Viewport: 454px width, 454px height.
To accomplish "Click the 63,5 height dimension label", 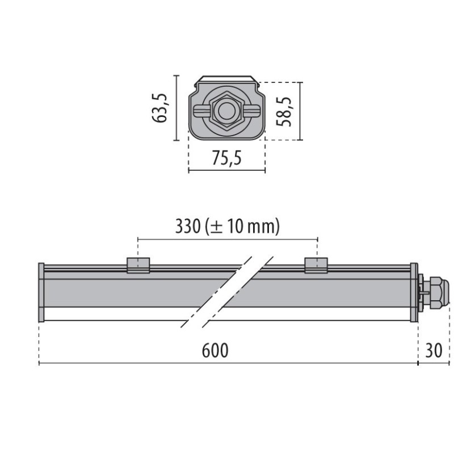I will click(161, 108).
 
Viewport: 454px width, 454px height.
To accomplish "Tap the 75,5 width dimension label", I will click(226, 158).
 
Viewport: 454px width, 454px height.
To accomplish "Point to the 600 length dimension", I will click(215, 351).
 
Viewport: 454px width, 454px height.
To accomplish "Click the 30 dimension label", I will click(433, 351).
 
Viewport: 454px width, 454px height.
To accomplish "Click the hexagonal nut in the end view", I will click(226, 111).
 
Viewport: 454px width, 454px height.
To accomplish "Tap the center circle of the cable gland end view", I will click(226, 111).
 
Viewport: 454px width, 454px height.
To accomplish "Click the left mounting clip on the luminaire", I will click(138, 264).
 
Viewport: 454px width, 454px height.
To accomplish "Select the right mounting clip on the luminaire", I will click(316, 264).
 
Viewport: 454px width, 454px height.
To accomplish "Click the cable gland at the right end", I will click(436, 292).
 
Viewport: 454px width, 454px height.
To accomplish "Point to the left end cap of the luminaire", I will click(41, 292).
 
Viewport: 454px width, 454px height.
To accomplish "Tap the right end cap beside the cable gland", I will click(414, 292).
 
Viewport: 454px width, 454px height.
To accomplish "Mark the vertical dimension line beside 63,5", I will click(178, 108).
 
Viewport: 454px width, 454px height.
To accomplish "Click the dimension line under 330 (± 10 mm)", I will click(227, 239).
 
